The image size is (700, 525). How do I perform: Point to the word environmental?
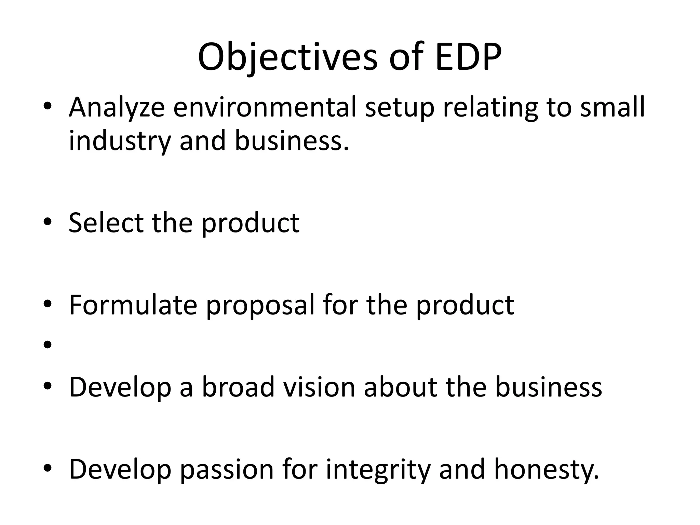pyautogui.click(x=264, y=108)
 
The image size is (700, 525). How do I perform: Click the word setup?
pyautogui.click(x=400, y=108)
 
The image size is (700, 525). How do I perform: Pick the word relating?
pyautogui.click(x=490, y=108)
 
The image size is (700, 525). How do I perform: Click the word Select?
pyautogui.click(x=106, y=223)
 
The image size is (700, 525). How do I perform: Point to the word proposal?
pyautogui.click(x=260, y=305)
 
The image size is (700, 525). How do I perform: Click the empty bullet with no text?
pyautogui.click(x=48, y=345)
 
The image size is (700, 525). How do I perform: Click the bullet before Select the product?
pyautogui.click(x=48, y=223)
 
